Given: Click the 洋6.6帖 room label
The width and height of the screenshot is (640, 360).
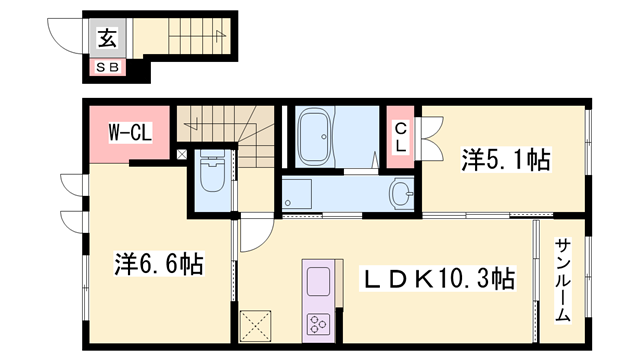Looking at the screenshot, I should (159, 264).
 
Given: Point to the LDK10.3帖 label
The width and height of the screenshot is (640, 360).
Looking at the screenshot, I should (437, 277).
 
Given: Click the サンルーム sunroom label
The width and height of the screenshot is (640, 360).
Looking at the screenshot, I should (562, 281).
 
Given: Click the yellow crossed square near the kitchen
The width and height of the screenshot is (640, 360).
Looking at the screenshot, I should (256, 324).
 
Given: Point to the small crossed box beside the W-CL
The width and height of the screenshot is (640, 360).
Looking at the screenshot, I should (181, 155).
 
